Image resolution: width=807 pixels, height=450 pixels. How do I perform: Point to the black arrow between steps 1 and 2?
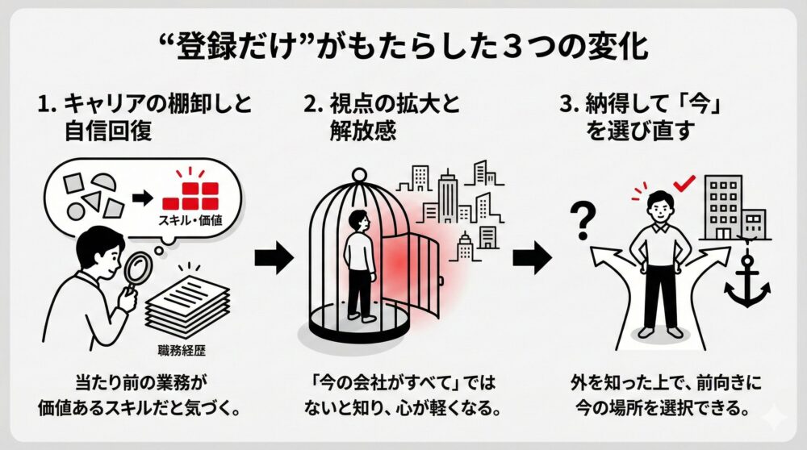tap(274, 258)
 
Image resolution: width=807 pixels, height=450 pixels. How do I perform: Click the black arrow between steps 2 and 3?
tap(533, 258)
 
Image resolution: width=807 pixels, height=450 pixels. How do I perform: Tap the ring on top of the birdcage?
tap(361, 174)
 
